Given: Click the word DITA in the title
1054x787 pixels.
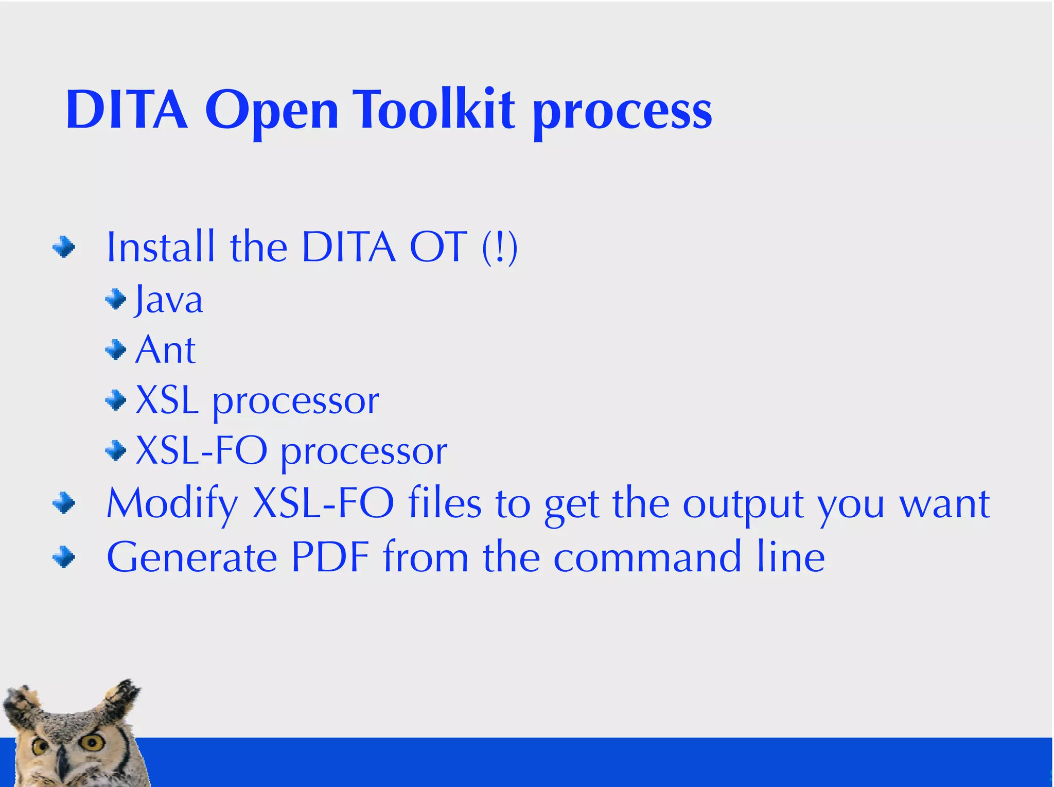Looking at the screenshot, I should pyautogui.click(x=127, y=110).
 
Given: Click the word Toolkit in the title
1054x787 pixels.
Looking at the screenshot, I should pyautogui.click(x=435, y=110).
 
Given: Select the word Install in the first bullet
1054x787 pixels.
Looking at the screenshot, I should pyautogui.click(x=160, y=247).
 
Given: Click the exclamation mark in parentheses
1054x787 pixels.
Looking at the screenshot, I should pyautogui.click(x=500, y=248).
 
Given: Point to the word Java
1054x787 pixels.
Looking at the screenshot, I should pyautogui.click(x=168, y=300).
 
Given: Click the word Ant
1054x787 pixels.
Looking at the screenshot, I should pyautogui.click(x=165, y=350).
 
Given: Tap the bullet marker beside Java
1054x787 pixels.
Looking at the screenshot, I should pyautogui.click(x=116, y=299).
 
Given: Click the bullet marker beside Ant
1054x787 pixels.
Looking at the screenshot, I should pyautogui.click(x=116, y=350).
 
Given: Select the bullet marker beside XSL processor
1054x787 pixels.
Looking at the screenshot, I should pyautogui.click(x=116, y=400).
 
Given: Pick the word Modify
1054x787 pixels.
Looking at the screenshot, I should pyautogui.click(x=172, y=503).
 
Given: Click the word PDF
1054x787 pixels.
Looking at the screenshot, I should pyautogui.click(x=330, y=557).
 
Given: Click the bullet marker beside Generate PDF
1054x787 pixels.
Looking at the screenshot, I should pyautogui.click(x=64, y=557).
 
